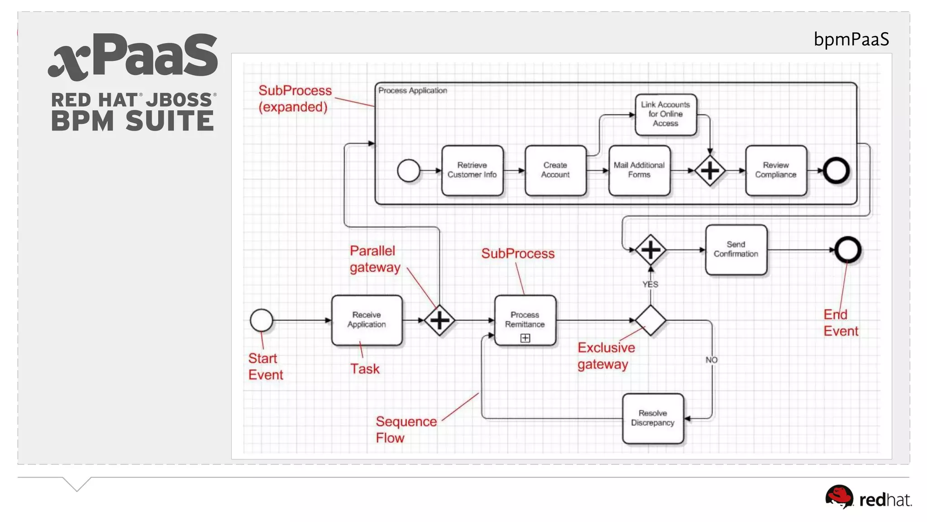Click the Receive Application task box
coord(367,320)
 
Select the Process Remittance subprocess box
coord(525,320)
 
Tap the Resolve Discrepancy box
coord(653,418)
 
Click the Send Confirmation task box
coord(736,249)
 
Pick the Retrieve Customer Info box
coord(472,170)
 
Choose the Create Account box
coord(555,170)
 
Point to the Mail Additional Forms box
coord(639,170)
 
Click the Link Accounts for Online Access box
coord(665,114)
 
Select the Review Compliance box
coord(776,170)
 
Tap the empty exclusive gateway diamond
coord(650,320)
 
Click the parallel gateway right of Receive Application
coord(440,320)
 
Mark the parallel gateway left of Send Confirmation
coord(650,250)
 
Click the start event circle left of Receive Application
coord(262,320)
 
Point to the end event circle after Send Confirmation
coord(848,250)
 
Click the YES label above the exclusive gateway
coord(650,285)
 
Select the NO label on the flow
coord(711,360)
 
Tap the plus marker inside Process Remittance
coord(525,338)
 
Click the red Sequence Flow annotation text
coord(406,430)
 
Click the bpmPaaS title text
coord(851,40)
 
